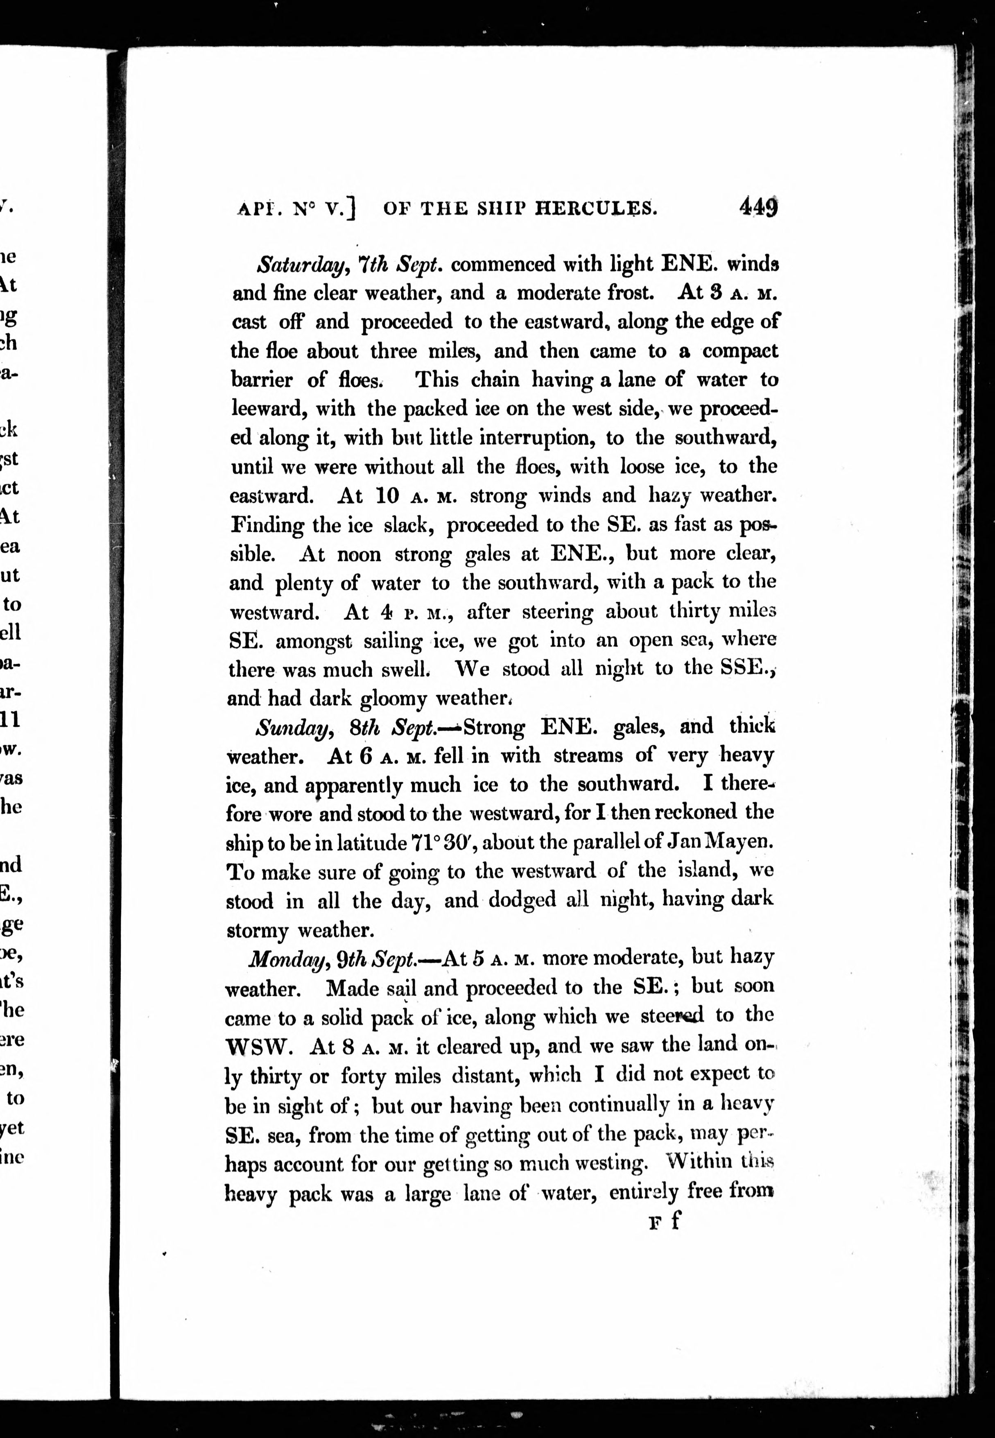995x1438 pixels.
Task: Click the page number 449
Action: [x=758, y=206]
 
